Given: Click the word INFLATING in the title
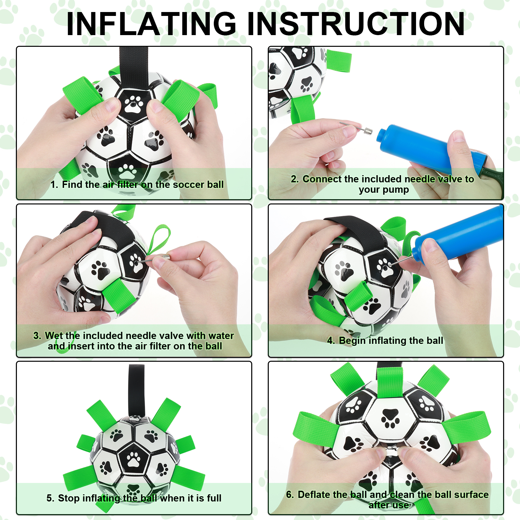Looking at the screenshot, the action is (151, 24).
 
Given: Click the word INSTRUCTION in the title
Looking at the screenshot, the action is (356, 24).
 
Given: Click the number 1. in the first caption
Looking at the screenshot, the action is (54, 185).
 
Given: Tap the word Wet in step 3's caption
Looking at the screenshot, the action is (54, 335).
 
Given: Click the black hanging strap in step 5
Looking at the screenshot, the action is (136, 390).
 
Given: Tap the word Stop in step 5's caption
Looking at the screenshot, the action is (69, 498).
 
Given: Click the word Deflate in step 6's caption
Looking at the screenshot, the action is (315, 494).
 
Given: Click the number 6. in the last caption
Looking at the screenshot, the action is (290, 494).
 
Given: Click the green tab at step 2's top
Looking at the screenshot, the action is (339, 61).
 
